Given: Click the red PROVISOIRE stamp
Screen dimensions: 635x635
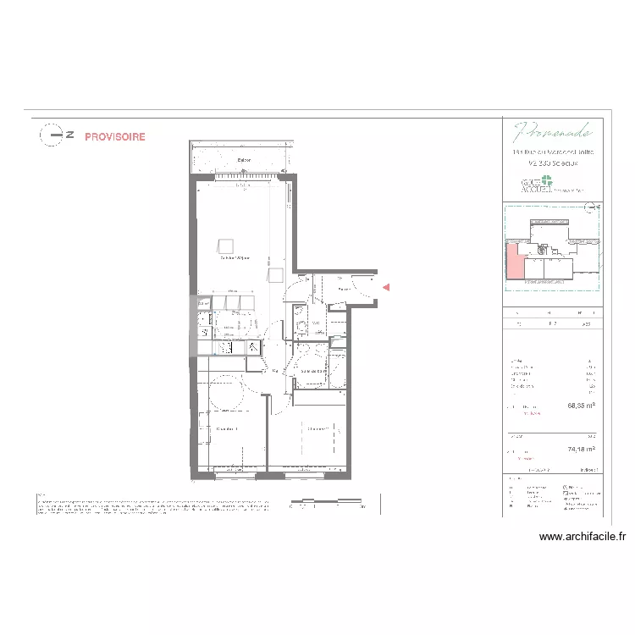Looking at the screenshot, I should click(x=114, y=136).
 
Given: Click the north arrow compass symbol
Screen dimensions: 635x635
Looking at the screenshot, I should click(x=53, y=135).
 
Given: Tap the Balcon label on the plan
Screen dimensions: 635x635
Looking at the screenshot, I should click(x=244, y=160).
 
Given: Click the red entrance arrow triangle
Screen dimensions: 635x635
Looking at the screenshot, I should click(x=386, y=288).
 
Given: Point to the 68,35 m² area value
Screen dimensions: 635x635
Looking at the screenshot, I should click(x=581, y=406).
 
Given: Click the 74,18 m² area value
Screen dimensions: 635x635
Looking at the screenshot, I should click(x=581, y=450).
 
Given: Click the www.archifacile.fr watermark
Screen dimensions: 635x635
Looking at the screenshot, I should click(x=582, y=536).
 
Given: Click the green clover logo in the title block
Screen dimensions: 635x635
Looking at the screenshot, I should click(x=546, y=181).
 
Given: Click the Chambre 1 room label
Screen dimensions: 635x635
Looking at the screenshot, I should click(x=227, y=429).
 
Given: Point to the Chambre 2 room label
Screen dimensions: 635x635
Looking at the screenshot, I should click(x=318, y=428).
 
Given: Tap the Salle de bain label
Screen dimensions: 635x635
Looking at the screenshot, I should click(x=313, y=371).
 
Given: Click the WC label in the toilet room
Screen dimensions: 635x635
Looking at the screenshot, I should click(x=315, y=323).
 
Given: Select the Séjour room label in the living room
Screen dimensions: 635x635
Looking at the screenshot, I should click(x=235, y=257).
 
